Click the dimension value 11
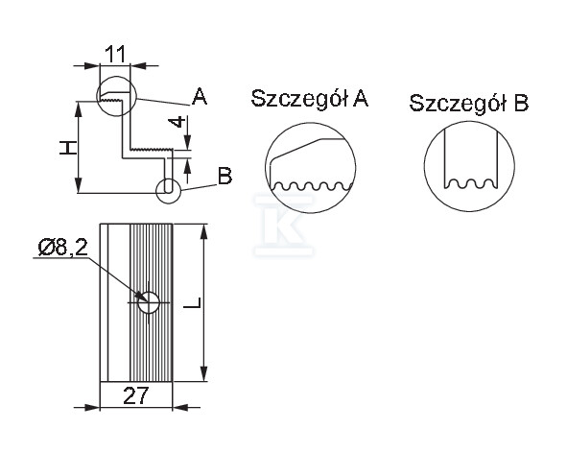[114, 55]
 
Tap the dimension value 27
[136, 395]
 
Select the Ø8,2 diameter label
[63, 248]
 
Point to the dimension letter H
[68, 148]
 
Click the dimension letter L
[192, 303]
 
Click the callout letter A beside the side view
[200, 96]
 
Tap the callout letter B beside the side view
[224, 177]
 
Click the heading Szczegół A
[310, 99]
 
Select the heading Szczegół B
[468, 103]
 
